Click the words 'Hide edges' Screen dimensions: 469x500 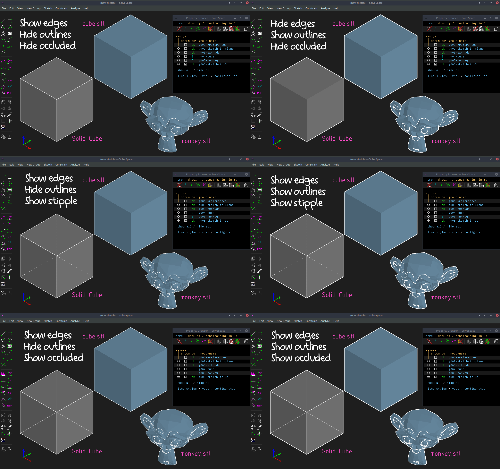pos(293,24)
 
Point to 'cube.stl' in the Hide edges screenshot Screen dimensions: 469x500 pos(343,24)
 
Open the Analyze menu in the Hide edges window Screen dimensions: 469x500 pos(325,8)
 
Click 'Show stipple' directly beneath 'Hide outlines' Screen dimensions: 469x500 pos(51,201)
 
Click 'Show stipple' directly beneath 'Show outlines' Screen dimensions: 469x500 pos(296,203)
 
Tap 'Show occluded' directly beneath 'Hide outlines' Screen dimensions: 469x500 pos(54,358)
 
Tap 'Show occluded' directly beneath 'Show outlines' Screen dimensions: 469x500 pos(301,358)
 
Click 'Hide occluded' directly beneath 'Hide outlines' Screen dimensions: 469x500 pos(47,46)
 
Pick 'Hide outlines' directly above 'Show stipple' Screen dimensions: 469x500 pos(51,190)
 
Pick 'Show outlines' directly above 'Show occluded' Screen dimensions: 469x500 pos(299,347)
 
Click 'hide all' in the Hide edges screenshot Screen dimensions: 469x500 pos(454,70)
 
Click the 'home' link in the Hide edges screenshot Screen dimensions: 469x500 pos(429,23)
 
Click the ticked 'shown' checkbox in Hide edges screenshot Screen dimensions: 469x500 pos(436,64)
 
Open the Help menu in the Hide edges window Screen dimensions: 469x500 pos(336,8)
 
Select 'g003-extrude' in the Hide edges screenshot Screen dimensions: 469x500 pos(459,53)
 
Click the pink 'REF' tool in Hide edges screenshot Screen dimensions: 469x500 pos(259,93)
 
